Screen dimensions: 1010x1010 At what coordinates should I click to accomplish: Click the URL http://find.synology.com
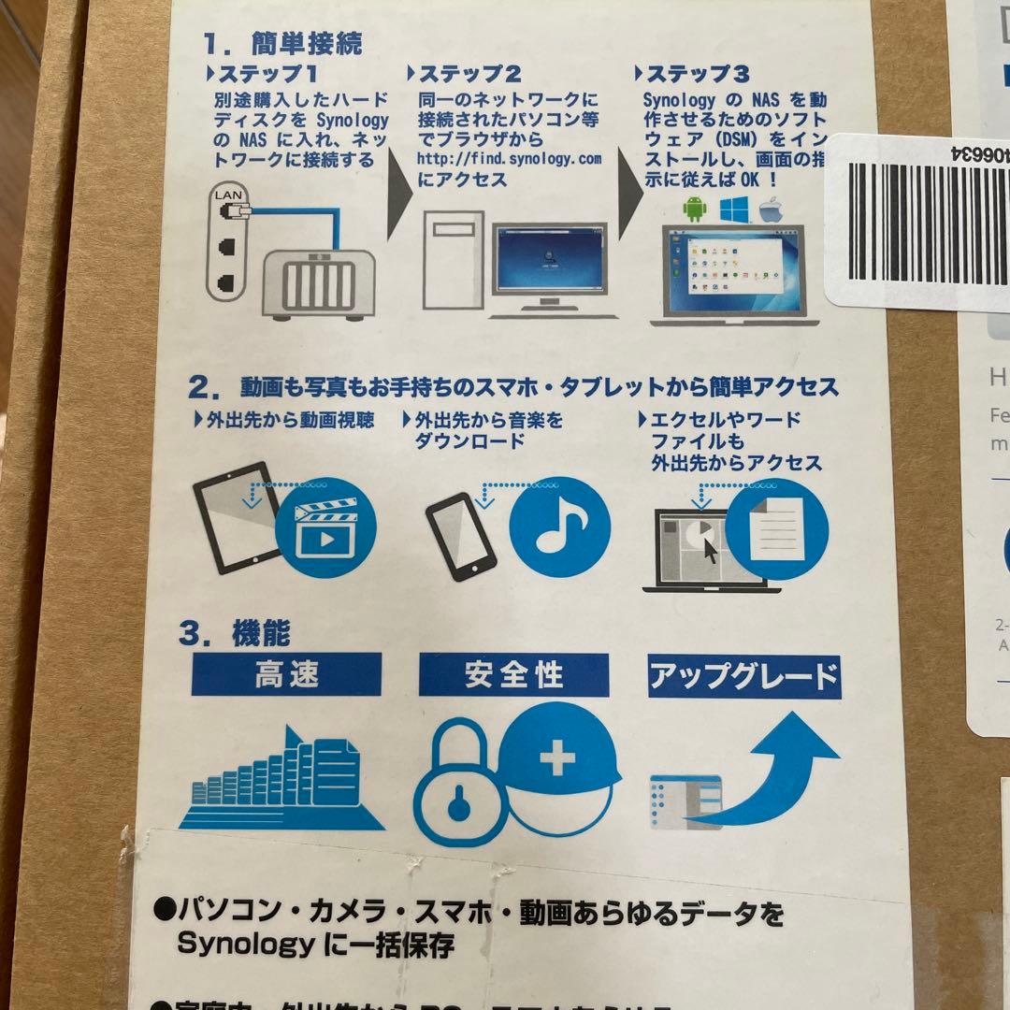(x=510, y=160)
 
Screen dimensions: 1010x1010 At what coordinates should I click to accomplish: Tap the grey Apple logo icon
(x=769, y=209)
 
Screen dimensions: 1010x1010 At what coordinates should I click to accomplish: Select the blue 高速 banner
(x=286, y=674)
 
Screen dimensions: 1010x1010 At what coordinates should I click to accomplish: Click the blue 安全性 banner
(x=513, y=674)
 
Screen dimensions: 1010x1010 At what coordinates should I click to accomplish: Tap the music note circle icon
(x=559, y=528)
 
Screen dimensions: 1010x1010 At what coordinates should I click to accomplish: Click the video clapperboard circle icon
(x=326, y=529)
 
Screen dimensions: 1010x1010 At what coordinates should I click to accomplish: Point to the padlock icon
(x=457, y=789)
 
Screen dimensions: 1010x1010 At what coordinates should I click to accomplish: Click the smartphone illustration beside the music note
(x=460, y=537)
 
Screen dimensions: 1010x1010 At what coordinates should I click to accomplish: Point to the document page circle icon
(x=775, y=528)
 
